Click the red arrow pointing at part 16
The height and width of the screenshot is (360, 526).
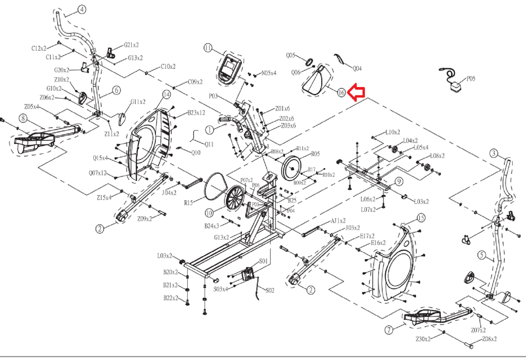(356, 93)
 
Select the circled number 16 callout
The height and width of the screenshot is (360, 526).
(341, 93)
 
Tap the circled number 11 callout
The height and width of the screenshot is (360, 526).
(208, 48)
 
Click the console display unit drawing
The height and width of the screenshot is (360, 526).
(230, 69)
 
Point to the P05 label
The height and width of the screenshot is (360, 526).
(471, 79)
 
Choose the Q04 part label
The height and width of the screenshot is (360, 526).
(357, 68)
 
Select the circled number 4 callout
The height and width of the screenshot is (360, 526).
(82, 9)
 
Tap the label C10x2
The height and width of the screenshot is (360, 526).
(168, 66)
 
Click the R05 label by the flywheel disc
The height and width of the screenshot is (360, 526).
(315, 154)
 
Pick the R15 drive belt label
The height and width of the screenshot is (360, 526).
(188, 203)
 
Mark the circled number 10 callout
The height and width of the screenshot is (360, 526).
(209, 213)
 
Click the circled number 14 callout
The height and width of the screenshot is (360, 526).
(166, 95)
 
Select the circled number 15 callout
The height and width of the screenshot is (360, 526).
(421, 218)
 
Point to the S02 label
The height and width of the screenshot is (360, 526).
(270, 290)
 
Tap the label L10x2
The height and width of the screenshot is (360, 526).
(393, 132)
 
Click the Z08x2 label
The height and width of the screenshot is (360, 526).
(489, 339)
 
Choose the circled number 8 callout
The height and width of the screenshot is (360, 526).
(23, 118)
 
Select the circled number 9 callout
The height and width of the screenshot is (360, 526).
(399, 181)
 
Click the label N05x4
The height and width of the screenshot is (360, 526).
(269, 73)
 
